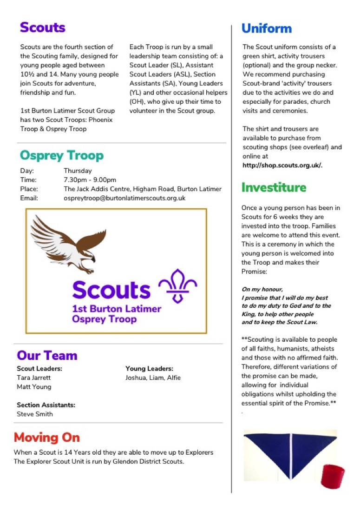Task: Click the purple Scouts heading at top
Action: pos(43,27)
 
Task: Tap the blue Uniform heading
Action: pos(266,28)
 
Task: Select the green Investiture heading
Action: pos(274,187)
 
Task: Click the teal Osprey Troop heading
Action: pos(61,155)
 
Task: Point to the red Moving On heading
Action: pos(47,438)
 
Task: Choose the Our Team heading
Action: pos(47,356)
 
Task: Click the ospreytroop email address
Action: pos(124,198)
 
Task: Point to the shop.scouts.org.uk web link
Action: pos(282,166)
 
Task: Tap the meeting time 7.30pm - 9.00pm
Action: pos(90,180)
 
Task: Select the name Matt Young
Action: pos(34,387)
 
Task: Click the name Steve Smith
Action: pos(35,414)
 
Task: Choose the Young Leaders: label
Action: pos(149,369)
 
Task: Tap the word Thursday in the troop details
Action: pos(78,171)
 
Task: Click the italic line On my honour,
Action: pos(262,289)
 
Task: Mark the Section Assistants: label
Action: pos(46,405)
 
